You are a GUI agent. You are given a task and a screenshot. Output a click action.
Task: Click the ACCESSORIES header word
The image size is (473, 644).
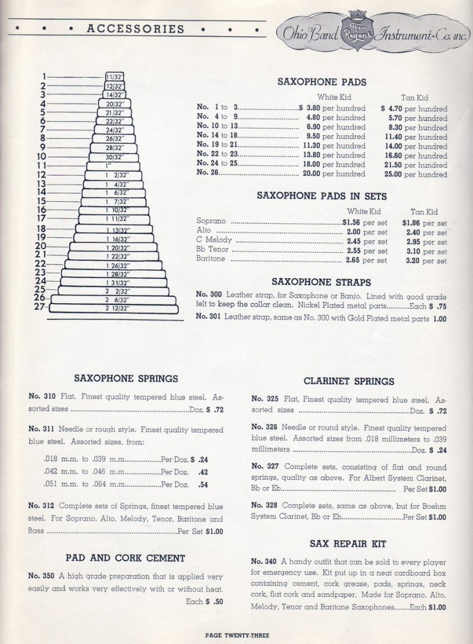[135, 29]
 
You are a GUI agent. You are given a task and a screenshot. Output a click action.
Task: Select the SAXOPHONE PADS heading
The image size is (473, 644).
[321, 82]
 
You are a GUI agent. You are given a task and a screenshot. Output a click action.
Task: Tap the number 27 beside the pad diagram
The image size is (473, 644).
[41, 307]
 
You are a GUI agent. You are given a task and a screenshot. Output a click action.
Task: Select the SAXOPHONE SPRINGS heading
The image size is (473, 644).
[126, 379]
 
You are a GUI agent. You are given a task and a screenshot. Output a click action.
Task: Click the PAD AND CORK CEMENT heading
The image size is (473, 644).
[126, 557]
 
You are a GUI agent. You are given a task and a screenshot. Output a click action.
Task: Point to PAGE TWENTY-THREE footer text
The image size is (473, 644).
[236, 635]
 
